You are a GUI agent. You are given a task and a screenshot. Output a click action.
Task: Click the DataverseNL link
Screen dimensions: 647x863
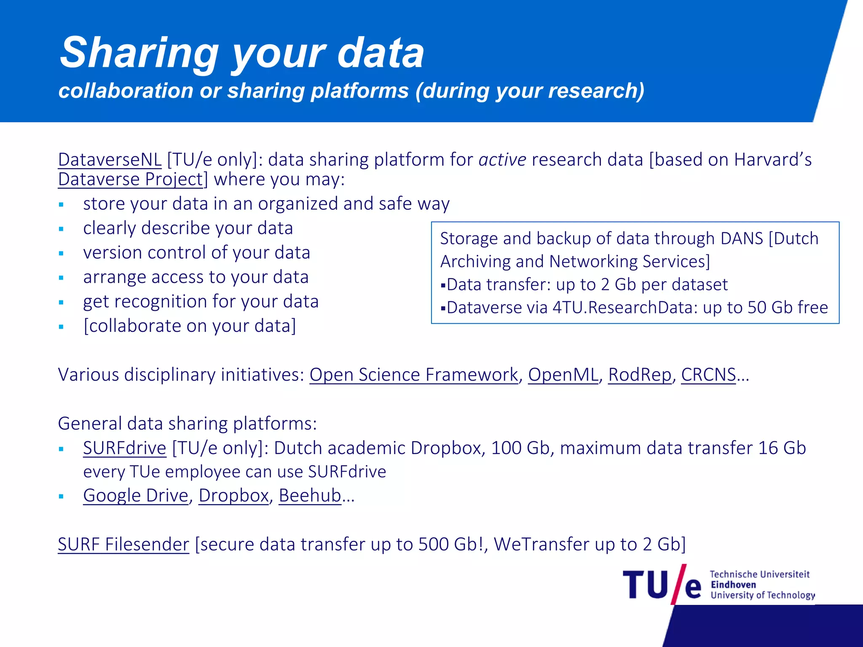110,160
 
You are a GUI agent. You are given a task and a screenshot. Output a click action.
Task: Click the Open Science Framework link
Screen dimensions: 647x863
413,375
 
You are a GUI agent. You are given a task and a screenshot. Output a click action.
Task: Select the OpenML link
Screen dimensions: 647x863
563,375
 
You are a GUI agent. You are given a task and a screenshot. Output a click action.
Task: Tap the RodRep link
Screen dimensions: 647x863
639,375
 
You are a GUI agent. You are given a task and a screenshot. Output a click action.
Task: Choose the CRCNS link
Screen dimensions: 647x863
708,375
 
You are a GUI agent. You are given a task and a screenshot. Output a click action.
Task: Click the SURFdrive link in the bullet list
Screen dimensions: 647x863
124,448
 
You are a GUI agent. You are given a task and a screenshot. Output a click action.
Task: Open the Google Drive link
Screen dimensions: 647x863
135,496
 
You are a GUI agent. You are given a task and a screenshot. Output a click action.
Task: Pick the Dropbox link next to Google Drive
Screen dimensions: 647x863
233,496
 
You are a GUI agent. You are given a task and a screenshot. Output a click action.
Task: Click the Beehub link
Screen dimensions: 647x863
310,496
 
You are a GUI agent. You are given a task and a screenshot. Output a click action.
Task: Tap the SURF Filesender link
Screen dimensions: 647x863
123,545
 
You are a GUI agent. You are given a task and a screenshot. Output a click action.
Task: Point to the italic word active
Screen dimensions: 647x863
502,160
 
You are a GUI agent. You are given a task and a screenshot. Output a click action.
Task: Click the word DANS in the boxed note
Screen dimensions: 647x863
742,239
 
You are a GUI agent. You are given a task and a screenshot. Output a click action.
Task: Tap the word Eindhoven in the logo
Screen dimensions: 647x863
733,585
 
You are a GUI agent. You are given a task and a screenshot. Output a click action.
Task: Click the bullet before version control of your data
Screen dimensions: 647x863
62,254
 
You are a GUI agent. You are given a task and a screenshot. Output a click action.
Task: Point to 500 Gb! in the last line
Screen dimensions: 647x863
451,545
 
